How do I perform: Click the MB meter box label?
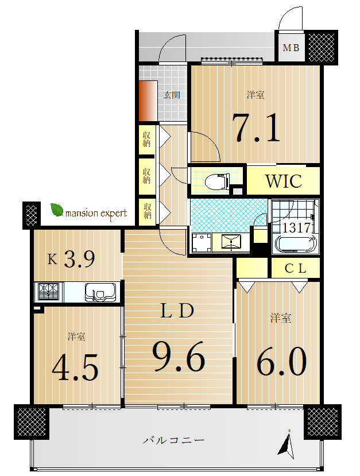291,48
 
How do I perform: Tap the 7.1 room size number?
256,128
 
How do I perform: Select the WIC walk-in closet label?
284,181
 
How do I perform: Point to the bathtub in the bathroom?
296,243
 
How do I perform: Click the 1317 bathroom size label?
296,227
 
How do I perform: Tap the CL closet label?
295,268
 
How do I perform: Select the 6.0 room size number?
282,361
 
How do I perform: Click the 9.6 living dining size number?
179,357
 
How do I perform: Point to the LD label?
177,311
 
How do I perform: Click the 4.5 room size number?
75,367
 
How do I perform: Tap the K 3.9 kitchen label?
71,259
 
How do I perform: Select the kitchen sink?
100,292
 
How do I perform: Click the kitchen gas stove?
49,292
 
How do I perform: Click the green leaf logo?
57,210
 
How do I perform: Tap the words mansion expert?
96,214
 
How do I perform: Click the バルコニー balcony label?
173,440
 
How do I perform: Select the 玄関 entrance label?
172,95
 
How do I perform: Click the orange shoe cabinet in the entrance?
148,101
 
